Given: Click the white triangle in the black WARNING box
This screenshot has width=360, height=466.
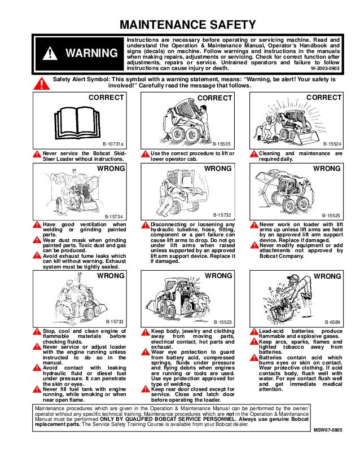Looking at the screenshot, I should (x=51, y=54).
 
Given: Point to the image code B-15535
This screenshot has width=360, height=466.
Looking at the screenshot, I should (x=222, y=144).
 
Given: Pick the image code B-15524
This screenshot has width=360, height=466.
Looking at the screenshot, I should (x=331, y=144).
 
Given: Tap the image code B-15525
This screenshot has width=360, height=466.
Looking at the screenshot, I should (x=331, y=216).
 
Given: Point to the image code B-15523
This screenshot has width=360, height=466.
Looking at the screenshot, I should (x=223, y=322).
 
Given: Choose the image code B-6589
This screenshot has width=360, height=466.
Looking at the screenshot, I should (x=333, y=322).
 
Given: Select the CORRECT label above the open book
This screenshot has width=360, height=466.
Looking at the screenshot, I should (x=107, y=98).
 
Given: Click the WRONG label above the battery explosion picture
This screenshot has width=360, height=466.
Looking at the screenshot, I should (x=327, y=276).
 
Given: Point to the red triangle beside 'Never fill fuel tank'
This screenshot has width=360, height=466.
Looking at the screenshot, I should (x=37, y=389).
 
